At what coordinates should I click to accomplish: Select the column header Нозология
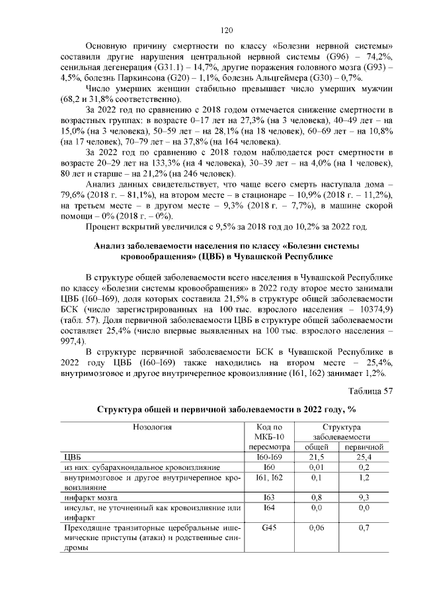151,428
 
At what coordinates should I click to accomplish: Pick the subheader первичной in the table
359,447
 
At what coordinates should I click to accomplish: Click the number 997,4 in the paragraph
73,341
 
